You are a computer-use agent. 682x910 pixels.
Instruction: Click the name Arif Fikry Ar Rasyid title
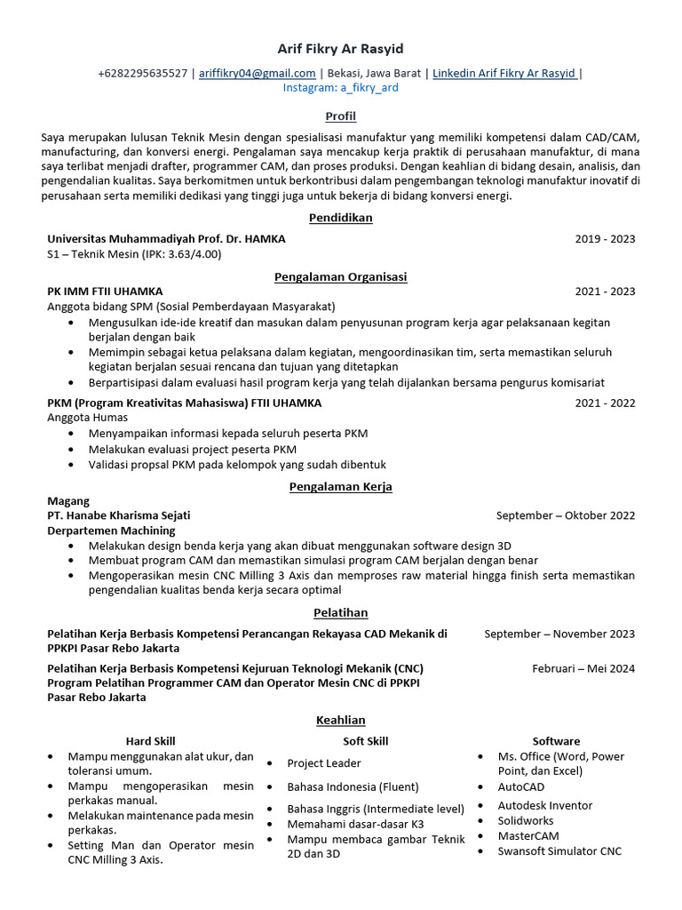point(340,49)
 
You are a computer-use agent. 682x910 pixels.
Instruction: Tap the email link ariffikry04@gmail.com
point(257,73)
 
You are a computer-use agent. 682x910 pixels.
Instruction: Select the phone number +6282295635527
point(142,73)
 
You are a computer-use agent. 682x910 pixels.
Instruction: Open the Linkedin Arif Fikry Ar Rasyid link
point(504,73)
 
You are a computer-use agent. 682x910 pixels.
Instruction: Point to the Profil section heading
point(340,116)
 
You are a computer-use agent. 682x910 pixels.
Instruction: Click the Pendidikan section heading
point(340,218)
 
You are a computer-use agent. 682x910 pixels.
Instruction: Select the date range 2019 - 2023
point(605,239)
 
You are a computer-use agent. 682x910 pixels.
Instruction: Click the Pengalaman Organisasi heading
point(340,276)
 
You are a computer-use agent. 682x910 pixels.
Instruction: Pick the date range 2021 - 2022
point(605,403)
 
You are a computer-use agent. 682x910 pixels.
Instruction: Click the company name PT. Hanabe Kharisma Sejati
point(118,515)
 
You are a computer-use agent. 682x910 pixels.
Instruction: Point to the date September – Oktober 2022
point(566,515)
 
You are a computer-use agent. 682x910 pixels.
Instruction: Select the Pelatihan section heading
point(340,612)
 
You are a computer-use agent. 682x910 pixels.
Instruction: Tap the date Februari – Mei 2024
point(583,668)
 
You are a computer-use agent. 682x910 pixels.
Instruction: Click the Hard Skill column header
point(150,741)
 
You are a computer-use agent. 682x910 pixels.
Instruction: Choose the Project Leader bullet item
point(323,763)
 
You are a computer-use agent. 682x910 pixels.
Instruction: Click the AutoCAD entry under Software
point(521,786)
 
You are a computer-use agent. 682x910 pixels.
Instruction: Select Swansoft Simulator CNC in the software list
point(559,851)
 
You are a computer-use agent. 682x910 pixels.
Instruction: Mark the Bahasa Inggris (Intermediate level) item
point(375,809)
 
